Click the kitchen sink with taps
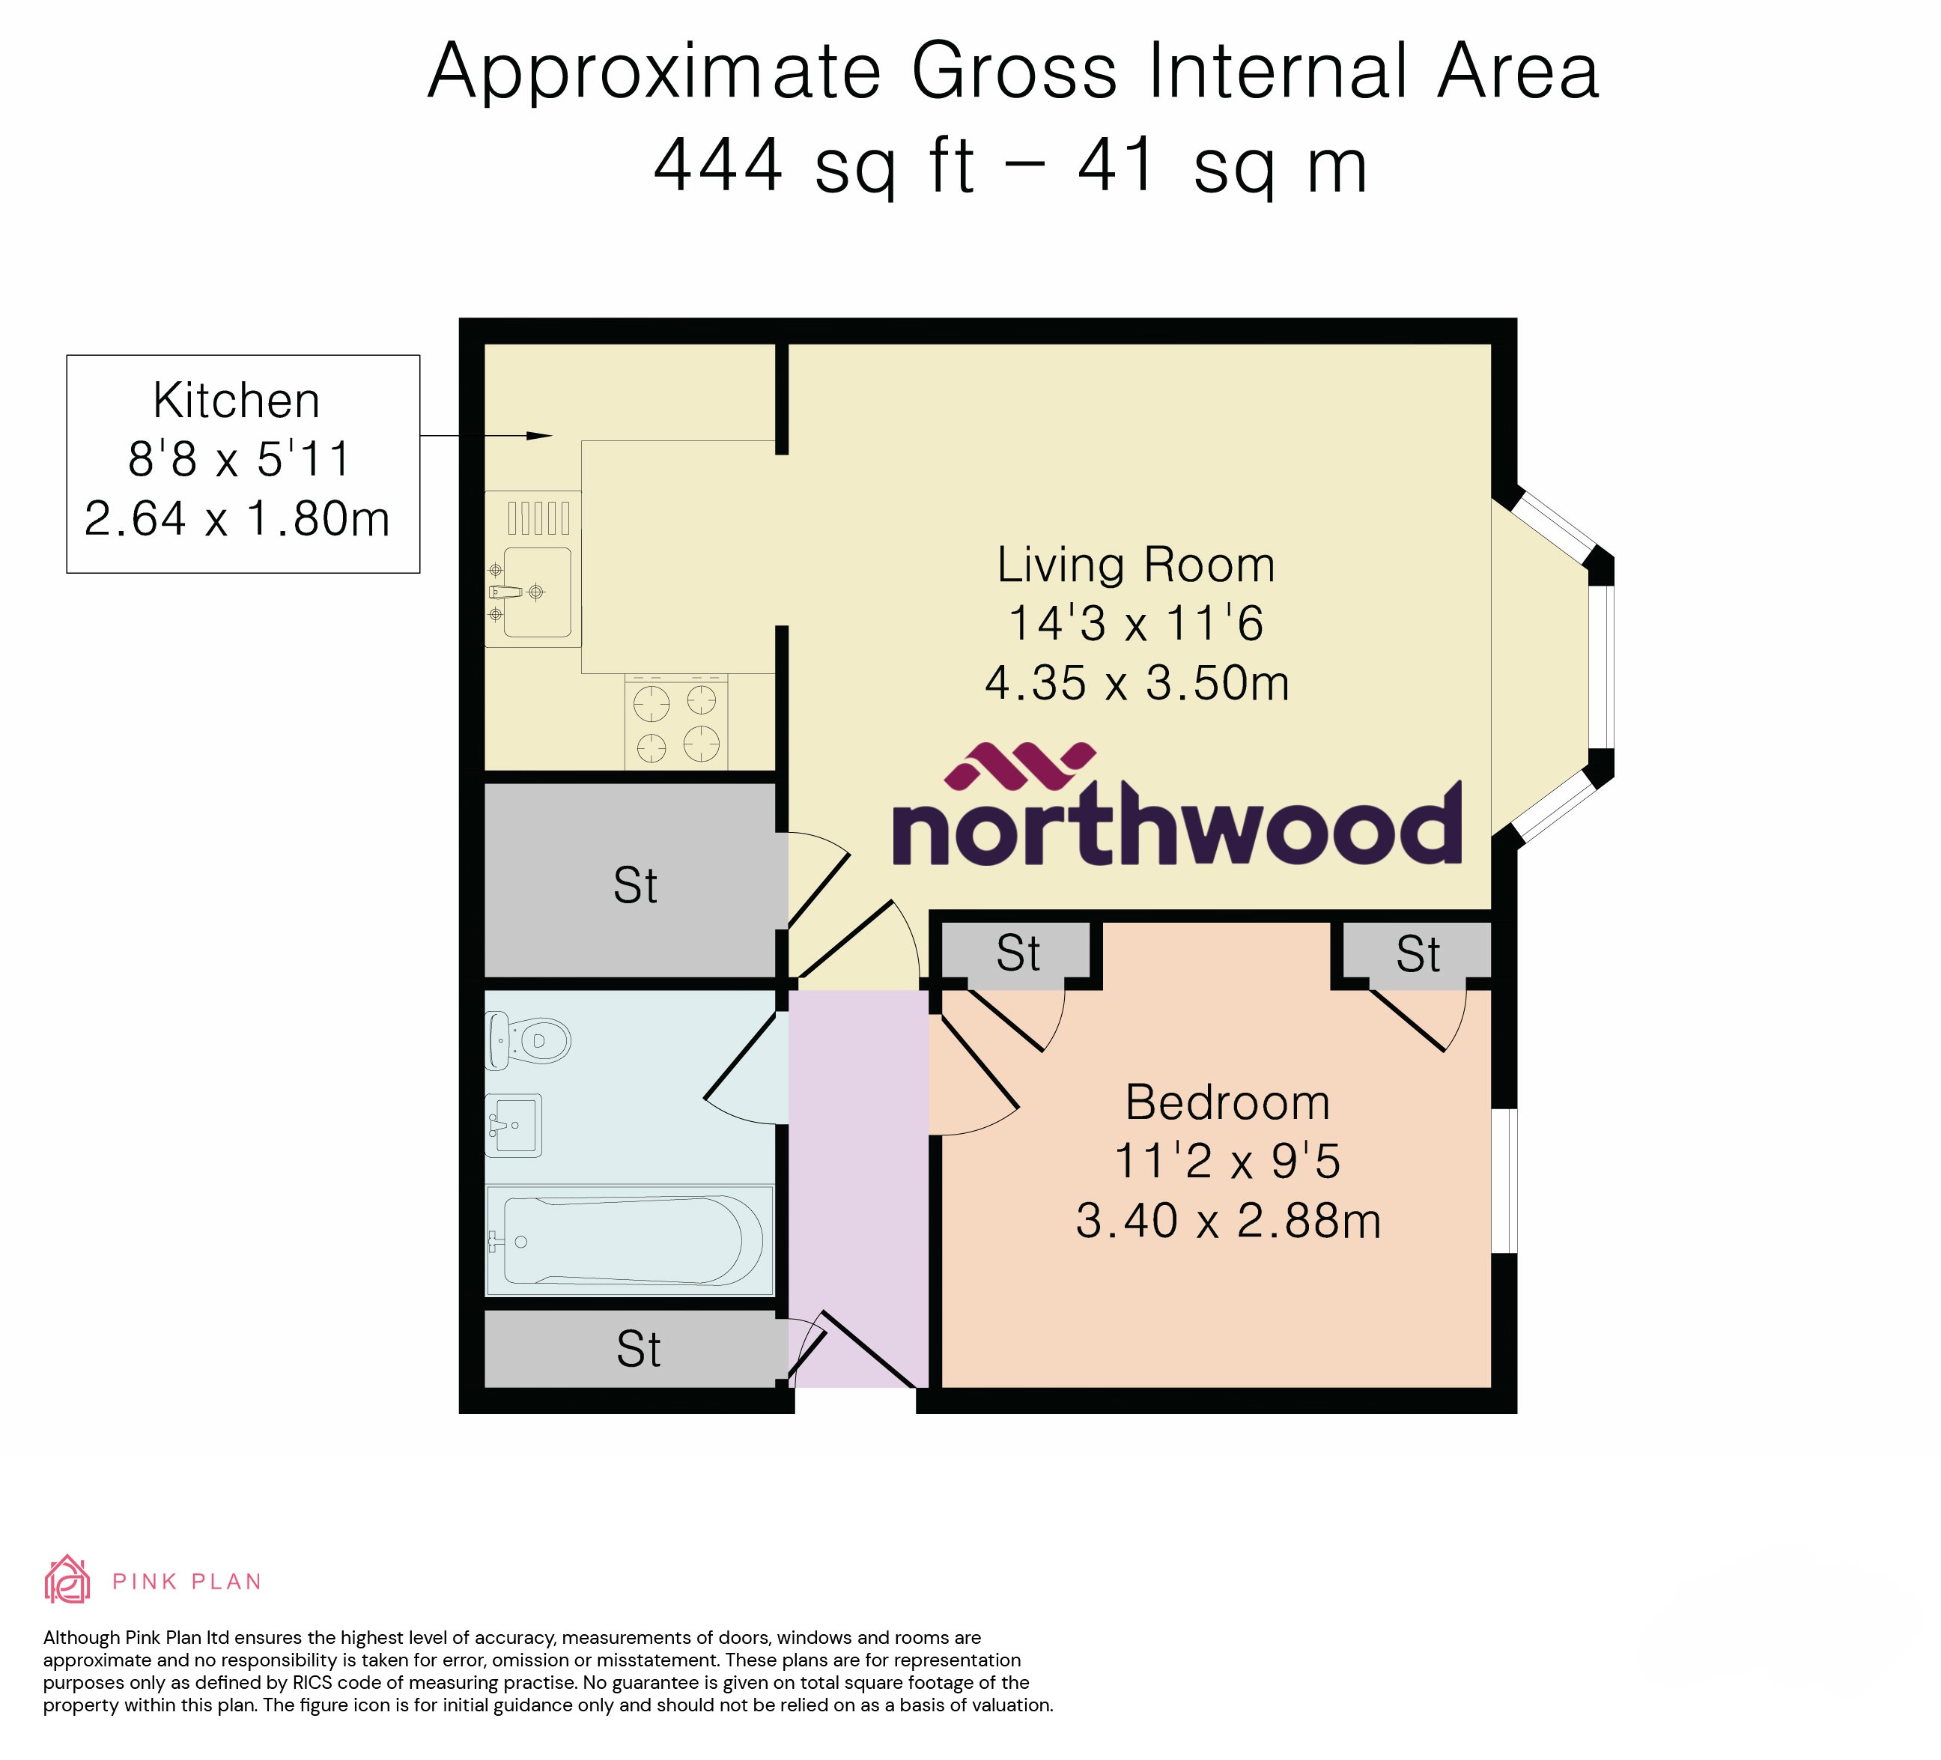pos(535,592)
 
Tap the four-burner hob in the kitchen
pos(676,722)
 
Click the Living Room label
pos(1135,565)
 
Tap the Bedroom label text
pos(1227,1102)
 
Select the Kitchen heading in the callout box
pos(237,401)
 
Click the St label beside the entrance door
pos(638,1350)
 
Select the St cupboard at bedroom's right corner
pos(1418,954)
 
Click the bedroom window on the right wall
pos(1504,1181)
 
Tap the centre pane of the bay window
pos(1600,667)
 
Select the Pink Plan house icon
pos(67,1580)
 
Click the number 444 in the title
pos(718,166)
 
